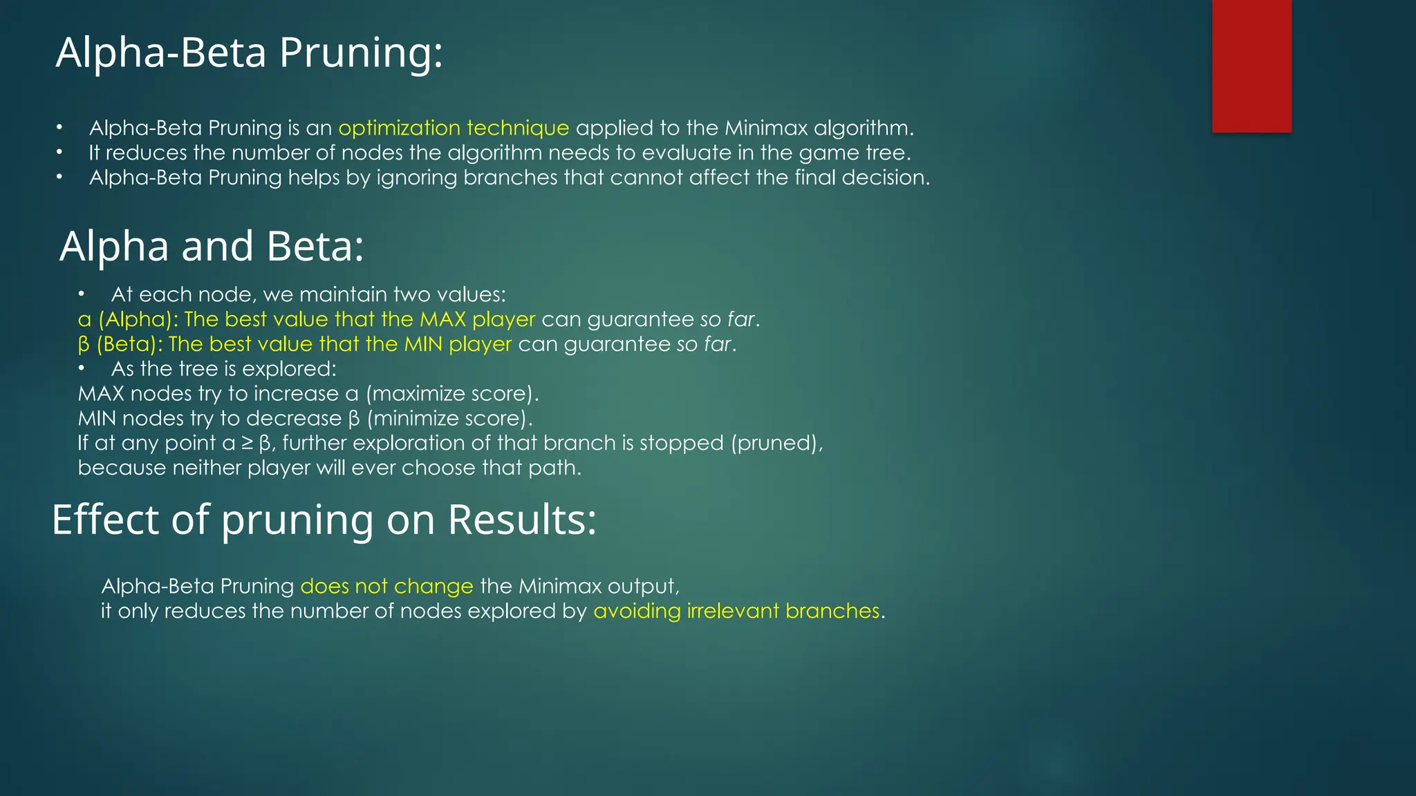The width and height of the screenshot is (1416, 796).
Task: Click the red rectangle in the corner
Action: point(1251,66)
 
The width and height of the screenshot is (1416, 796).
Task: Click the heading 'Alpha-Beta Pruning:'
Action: point(249,53)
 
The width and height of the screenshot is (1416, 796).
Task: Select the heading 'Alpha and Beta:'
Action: point(212,246)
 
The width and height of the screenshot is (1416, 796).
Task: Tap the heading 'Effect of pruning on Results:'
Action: point(324,520)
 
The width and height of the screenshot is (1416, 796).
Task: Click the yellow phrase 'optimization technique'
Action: point(454,129)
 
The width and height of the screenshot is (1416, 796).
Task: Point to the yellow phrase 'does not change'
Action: point(386,587)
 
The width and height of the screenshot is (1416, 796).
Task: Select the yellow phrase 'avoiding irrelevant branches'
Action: point(736,612)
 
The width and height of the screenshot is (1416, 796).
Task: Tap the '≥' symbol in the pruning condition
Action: point(248,444)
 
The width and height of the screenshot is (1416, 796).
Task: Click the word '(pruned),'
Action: point(777,444)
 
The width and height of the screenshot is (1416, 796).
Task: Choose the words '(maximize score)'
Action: point(451,394)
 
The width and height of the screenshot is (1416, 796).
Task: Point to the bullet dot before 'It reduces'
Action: point(60,153)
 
